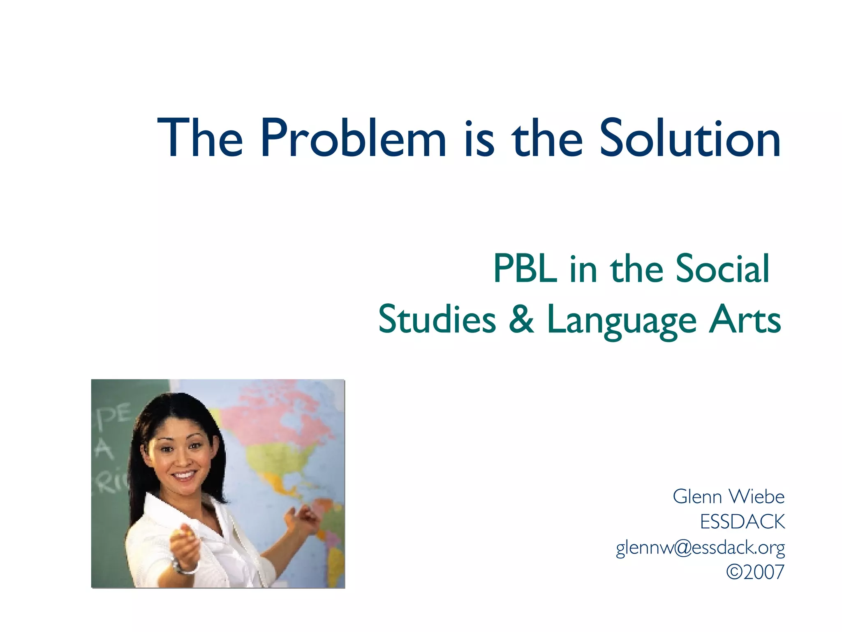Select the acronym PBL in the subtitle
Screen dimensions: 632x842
point(525,269)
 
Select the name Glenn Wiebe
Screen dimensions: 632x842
point(729,497)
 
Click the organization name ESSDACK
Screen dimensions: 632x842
point(743,522)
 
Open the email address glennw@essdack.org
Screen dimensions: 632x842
point(700,548)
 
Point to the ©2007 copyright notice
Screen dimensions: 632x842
point(755,572)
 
